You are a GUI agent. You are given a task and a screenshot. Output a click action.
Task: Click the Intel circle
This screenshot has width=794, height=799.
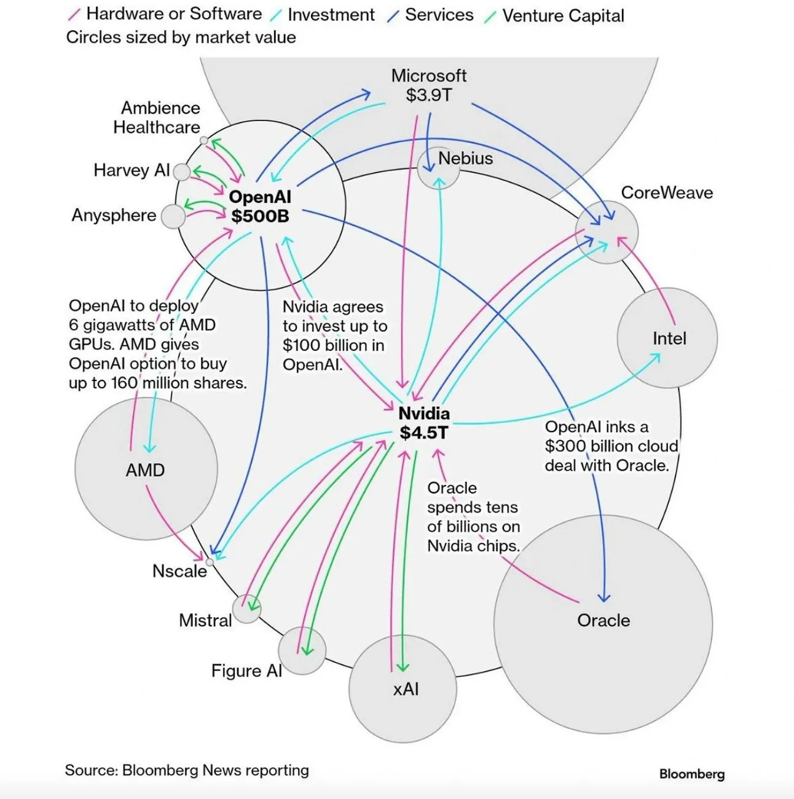667,339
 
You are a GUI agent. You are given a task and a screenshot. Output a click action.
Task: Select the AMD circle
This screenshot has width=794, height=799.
146,470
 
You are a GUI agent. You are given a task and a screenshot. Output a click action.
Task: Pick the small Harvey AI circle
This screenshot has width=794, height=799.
182,171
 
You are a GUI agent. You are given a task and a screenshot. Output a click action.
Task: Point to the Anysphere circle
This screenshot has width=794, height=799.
173,216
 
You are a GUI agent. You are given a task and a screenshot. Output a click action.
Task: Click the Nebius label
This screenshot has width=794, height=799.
465,159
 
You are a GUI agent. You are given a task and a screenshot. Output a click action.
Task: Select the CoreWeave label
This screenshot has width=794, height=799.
667,193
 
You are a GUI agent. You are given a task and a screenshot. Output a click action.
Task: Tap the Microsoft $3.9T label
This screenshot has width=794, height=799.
429,85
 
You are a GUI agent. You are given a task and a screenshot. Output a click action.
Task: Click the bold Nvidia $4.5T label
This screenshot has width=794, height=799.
424,423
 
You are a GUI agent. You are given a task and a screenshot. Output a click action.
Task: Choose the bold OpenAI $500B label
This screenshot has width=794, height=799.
260,207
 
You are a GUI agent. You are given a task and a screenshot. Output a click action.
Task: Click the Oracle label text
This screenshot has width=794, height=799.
603,621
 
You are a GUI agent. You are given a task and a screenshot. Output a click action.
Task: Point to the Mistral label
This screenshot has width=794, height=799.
205,620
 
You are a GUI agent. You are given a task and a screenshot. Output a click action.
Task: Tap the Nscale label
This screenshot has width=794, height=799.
179,571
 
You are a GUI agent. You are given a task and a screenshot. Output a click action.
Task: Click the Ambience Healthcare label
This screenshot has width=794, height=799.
157,117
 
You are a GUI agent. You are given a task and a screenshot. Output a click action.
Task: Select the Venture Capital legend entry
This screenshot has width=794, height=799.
562,16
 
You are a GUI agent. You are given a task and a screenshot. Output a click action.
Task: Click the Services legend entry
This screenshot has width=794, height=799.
439,15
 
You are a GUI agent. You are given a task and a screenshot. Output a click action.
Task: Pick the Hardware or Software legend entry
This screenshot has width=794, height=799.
173,14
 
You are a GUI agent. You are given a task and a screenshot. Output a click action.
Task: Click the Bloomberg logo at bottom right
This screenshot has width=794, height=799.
692,774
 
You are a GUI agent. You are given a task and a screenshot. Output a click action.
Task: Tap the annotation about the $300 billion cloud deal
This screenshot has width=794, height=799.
611,446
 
